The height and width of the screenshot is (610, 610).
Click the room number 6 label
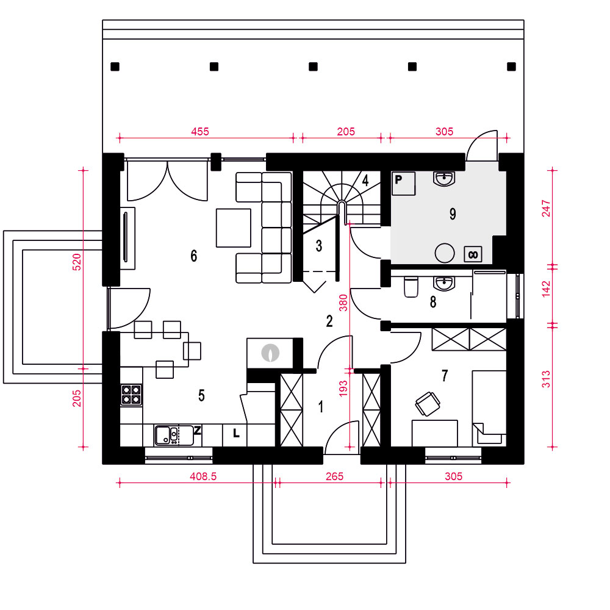[x=194, y=256]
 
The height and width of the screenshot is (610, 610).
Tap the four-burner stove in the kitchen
[x=131, y=395]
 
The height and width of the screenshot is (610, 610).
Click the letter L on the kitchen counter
[x=236, y=433]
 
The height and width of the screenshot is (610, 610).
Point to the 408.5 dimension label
[x=203, y=476]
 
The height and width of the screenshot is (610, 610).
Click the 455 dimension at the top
[x=200, y=132]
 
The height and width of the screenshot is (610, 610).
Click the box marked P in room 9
[x=403, y=183]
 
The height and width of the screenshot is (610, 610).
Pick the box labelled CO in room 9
[x=473, y=254]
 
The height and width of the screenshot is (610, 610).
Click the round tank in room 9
[x=445, y=253]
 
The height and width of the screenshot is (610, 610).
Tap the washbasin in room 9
[x=444, y=179]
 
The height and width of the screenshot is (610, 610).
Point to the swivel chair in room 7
[x=428, y=404]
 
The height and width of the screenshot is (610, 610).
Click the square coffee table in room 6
[x=234, y=228]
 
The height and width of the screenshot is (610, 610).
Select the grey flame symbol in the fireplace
[x=270, y=353]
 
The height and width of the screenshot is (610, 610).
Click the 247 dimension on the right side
[x=546, y=208]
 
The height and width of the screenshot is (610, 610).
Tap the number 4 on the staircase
[x=365, y=180]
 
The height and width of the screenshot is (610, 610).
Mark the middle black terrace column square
[x=313, y=66]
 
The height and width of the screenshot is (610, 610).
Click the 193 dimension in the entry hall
[x=343, y=389]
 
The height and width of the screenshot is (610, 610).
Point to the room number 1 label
[x=321, y=407]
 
